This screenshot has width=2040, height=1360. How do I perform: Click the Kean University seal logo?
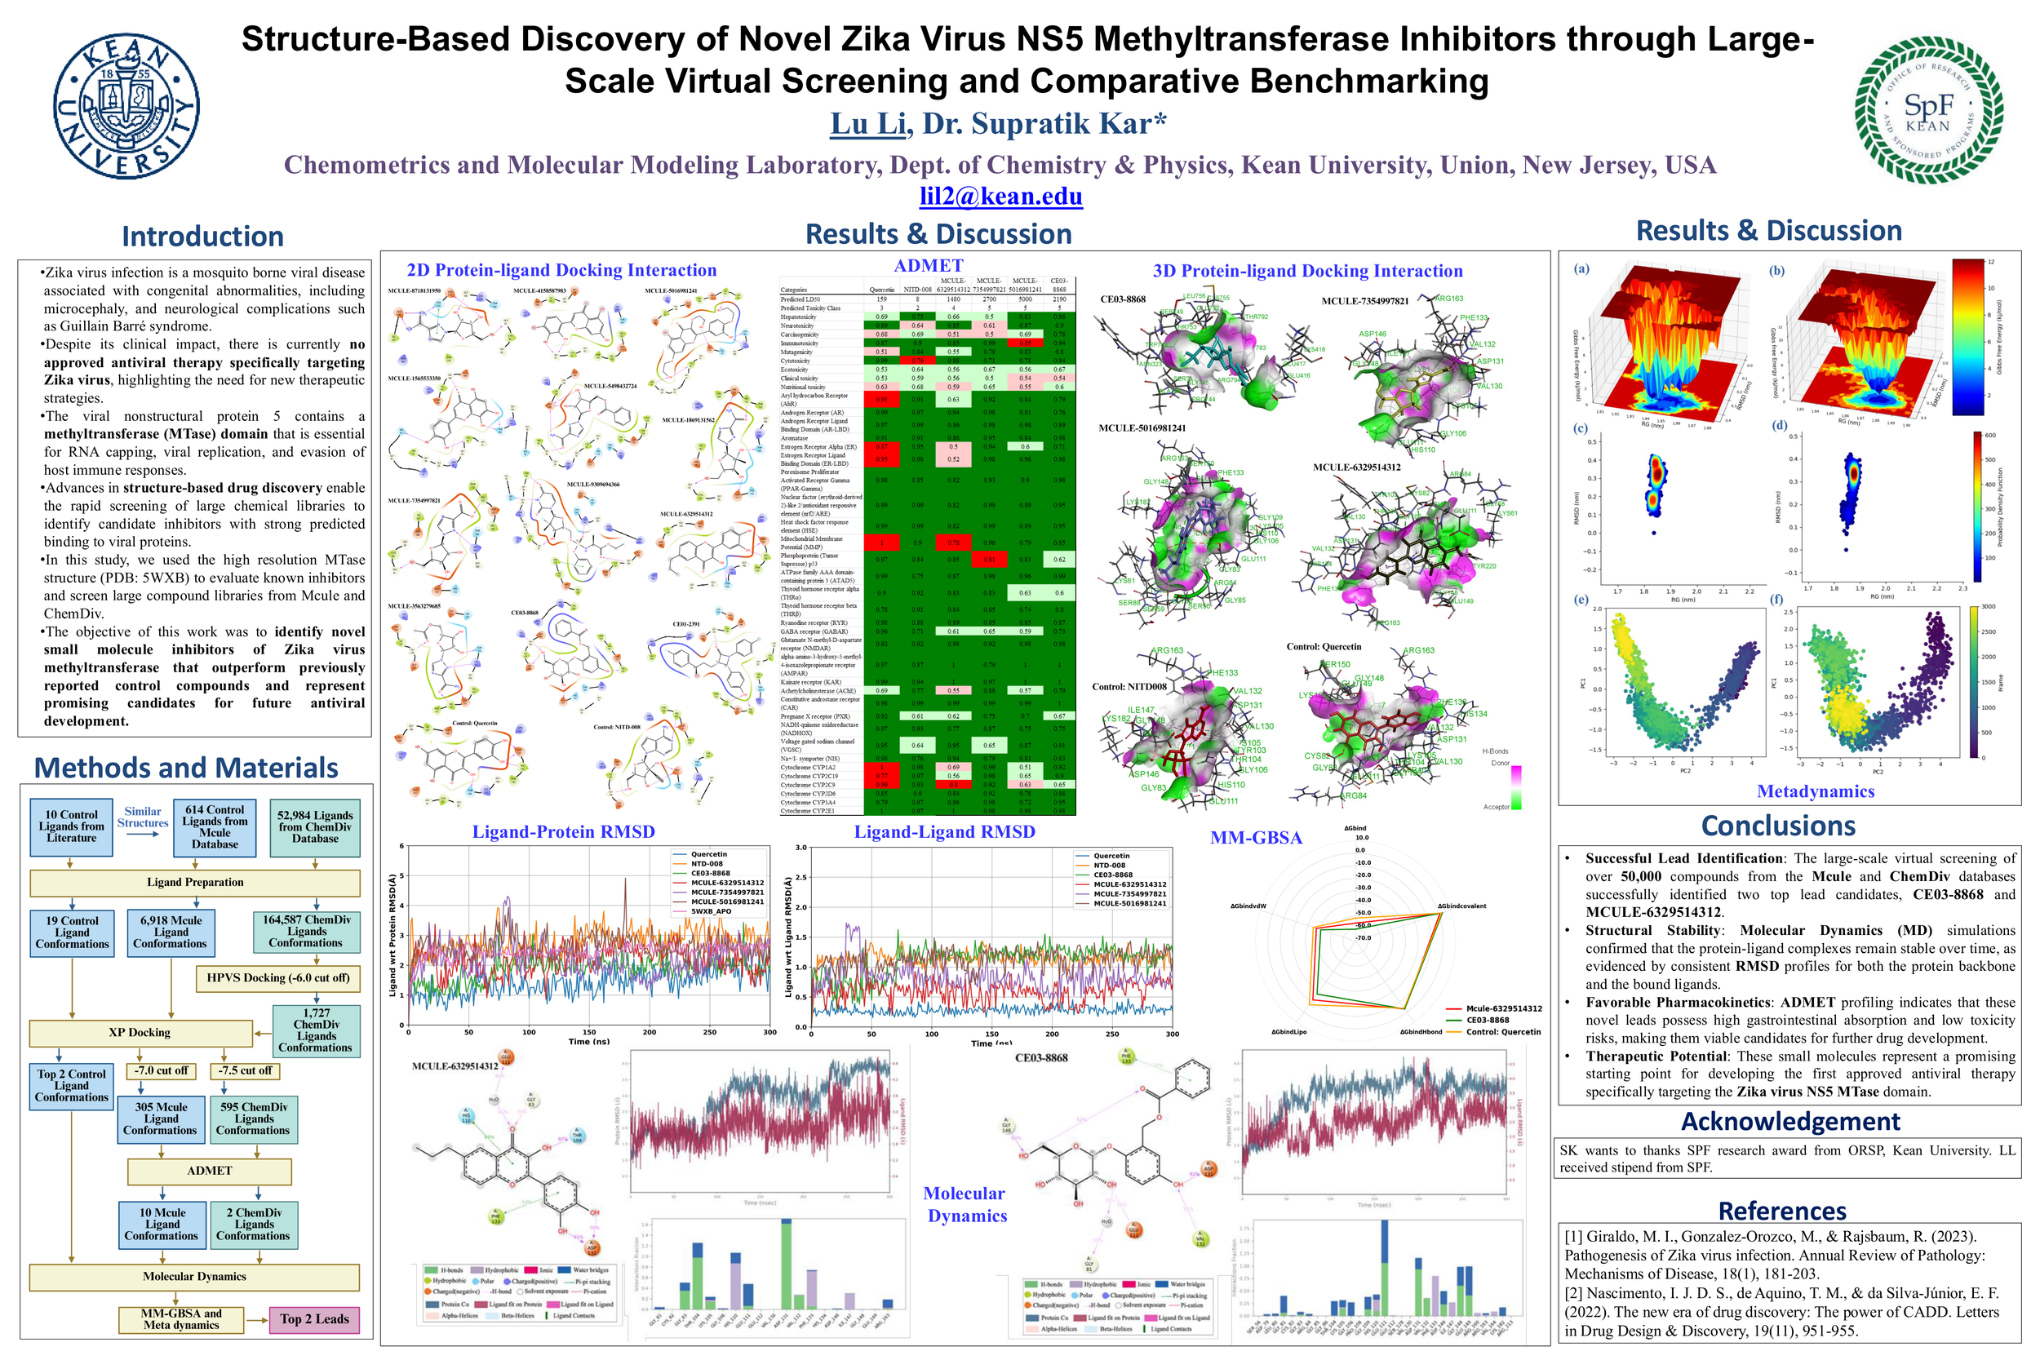[x=126, y=107]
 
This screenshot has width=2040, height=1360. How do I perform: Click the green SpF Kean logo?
[x=1927, y=110]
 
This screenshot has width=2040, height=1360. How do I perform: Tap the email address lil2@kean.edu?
[x=1001, y=196]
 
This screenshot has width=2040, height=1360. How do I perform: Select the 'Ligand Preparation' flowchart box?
[x=195, y=882]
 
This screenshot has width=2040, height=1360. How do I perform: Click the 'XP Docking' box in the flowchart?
[x=140, y=1032]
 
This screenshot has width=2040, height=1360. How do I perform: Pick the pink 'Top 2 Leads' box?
[x=314, y=1319]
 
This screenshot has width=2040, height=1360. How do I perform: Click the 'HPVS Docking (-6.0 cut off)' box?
[x=278, y=977]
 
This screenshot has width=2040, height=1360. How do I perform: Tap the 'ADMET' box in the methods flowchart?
[x=209, y=1170]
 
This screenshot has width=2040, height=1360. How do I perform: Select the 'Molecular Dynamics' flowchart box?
[x=194, y=1276]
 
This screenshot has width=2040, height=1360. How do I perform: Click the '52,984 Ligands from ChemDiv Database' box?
[x=315, y=826]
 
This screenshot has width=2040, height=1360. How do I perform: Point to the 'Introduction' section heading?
[x=202, y=236]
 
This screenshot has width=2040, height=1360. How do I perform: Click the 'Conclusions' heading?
[x=1778, y=826]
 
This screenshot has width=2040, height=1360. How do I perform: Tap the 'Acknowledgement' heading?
[x=1790, y=1122]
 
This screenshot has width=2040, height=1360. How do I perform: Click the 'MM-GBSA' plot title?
[x=1256, y=838]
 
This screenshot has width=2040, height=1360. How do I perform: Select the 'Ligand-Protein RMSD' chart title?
[x=563, y=832]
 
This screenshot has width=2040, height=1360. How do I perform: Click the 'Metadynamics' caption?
[x=1816, y=791]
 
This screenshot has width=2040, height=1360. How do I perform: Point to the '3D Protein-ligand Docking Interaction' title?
[x=1307, y=272]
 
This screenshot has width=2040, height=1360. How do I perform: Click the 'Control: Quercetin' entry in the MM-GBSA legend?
[x=1502, y=1032]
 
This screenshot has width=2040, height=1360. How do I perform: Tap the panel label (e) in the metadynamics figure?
[x=1582, y=600]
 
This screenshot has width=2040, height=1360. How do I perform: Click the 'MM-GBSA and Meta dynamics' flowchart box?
[x=182, y=1319]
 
